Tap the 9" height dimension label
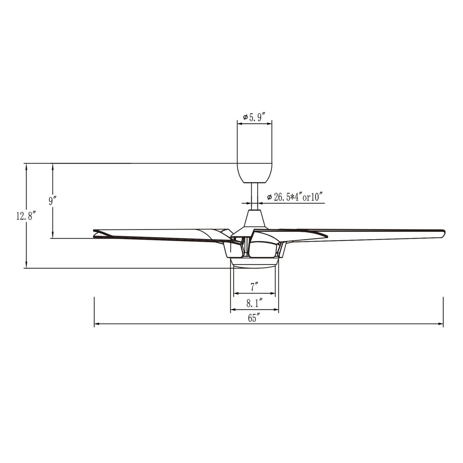click(53, 201)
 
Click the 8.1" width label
click(255, 303)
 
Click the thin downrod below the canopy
click(254, 195)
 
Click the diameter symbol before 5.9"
click(245, 118)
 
